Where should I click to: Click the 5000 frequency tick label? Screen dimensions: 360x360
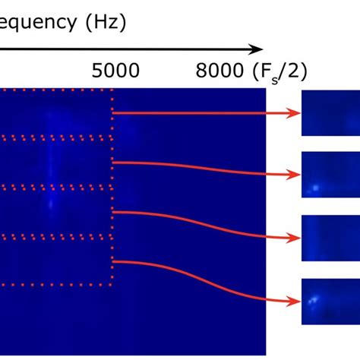click(115, 71)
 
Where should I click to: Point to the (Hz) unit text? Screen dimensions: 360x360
click(105, 23)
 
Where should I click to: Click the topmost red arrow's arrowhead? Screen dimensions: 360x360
click(292, 114)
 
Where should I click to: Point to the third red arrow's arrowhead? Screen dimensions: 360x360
click(292, 238)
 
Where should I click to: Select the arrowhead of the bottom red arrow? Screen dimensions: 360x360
click(292, 302)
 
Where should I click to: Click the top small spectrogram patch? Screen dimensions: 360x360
click(330, 113)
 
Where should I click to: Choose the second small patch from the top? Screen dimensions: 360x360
click(330, 175)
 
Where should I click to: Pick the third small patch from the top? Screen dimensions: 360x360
click(330, 238)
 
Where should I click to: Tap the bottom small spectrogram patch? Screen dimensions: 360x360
click(330, 302)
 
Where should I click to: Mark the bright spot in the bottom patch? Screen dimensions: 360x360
click(312, 301)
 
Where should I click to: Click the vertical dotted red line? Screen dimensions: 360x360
click(112, 190)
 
